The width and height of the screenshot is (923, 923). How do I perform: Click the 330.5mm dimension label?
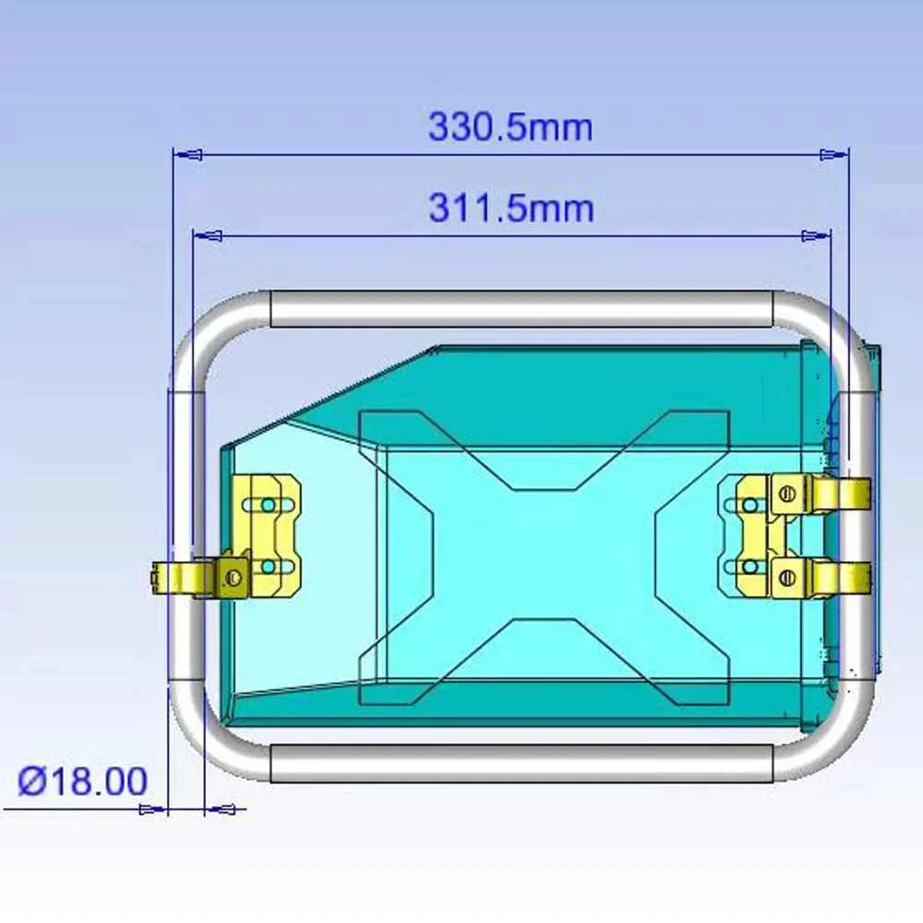(x=510, y=127)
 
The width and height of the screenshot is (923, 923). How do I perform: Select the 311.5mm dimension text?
(x=511, y=209)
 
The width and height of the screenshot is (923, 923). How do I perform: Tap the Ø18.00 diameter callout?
(x=82, y=781)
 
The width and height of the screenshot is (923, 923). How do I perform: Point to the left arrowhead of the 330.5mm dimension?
(x=188, y=155)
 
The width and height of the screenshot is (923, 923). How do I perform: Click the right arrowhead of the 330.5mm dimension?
(x=834, y=155)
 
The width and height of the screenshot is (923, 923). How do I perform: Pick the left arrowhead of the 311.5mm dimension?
(x=209, y=236)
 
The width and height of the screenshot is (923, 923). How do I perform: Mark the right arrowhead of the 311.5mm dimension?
(x=817, y=236)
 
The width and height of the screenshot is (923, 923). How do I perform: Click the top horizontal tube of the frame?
(x=521, y=309)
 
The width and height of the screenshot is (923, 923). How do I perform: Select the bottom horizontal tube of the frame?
(x=521, y=763)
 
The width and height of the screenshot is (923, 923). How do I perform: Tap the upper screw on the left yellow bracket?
(x=268, y=505)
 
